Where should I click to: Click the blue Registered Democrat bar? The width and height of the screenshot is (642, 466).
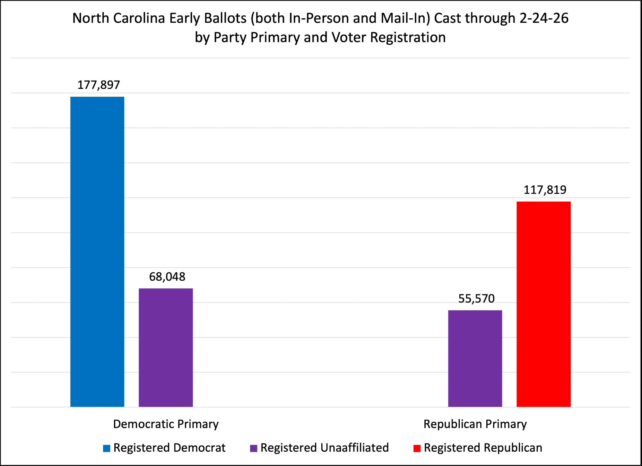click(x=97, y=251)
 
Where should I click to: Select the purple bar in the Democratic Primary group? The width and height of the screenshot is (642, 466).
click(x=166, y=347)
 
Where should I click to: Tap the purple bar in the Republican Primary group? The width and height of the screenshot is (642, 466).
click(x=475, y=358)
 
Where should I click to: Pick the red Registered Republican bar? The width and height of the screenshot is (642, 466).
click(x=543, y=304)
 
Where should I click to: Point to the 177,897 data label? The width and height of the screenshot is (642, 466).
click(x=99, y=85)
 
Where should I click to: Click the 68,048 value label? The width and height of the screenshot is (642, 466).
click(x=167, y=277)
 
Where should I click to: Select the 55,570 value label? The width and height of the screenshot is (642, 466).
click(x=476, y=299)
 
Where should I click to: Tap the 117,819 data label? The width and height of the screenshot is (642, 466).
click(x=545, y=190)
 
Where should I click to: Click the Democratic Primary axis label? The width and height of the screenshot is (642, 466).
click(x=166, y=424)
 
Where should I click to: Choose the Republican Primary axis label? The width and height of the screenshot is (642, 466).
click(x=475, y=424)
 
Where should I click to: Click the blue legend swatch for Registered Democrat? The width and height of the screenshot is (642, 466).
click(x=107, y=448)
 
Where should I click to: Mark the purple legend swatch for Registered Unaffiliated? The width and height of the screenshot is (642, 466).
click(x=254, y=448)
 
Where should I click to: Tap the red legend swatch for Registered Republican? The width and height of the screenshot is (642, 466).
click(x=417, y=448)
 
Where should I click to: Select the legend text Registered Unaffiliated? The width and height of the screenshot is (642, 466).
click(x=325, y=448)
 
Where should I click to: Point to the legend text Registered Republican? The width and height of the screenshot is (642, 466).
click(x=483, y=448)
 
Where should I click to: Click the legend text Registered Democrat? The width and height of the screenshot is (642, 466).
click(x=169, y=448)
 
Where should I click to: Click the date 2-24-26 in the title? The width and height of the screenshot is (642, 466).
click(x=544, y=18)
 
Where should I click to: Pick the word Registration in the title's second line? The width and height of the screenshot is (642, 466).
click(x=408, y=37)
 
